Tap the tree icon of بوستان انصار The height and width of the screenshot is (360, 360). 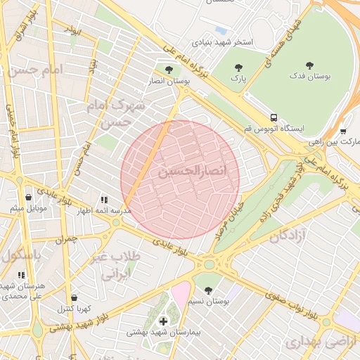point(169,69)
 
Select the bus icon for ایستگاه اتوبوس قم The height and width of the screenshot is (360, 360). point(274,117)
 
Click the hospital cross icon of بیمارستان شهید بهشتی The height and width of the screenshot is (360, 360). point(163,321)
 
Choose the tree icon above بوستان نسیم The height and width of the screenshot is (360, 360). point(207,290)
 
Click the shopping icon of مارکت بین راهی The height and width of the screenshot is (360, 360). point(342,131)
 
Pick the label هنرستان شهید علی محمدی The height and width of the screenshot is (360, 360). point(29,291)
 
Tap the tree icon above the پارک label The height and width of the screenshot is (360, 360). point(239,68)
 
